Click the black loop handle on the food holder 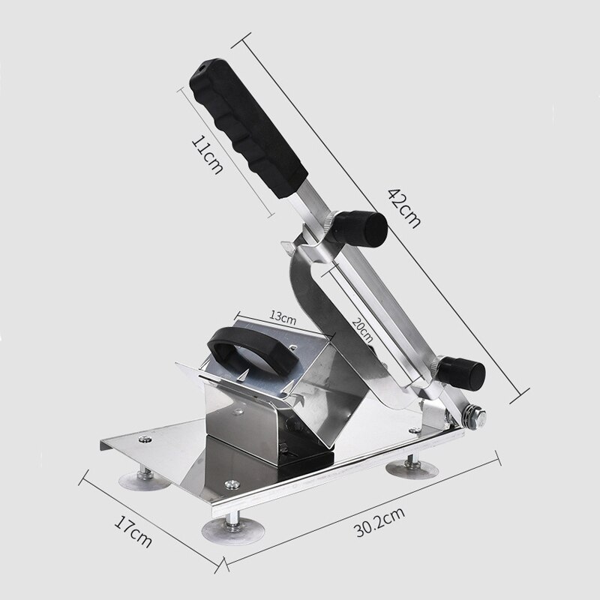(247, 351)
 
